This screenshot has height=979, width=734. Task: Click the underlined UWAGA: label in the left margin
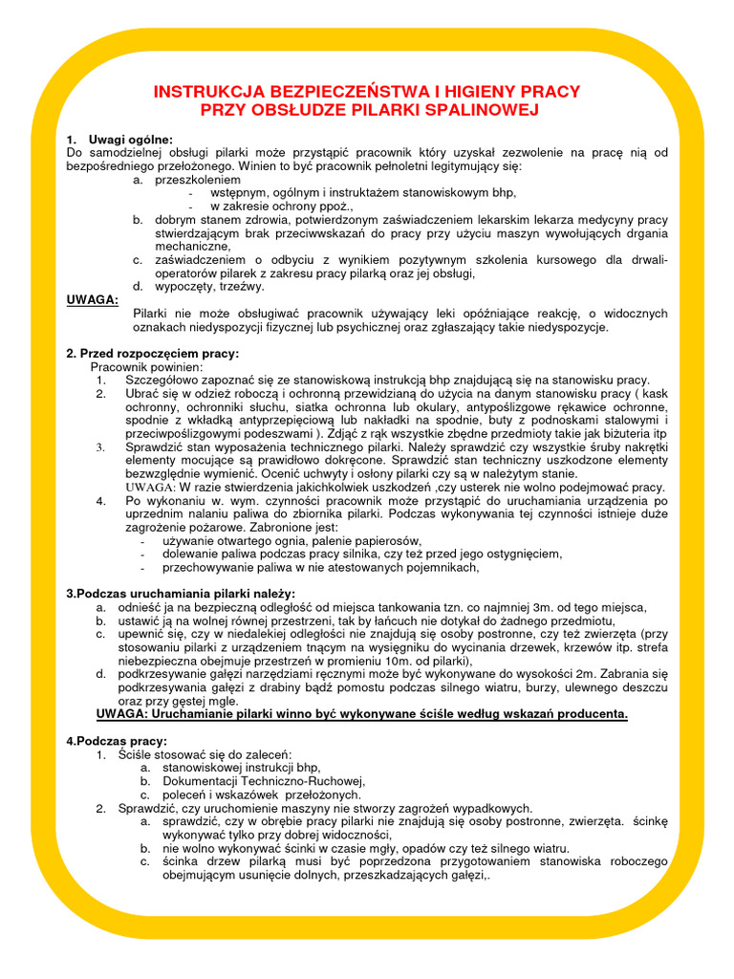93,299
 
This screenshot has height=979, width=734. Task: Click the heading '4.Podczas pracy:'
117,741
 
